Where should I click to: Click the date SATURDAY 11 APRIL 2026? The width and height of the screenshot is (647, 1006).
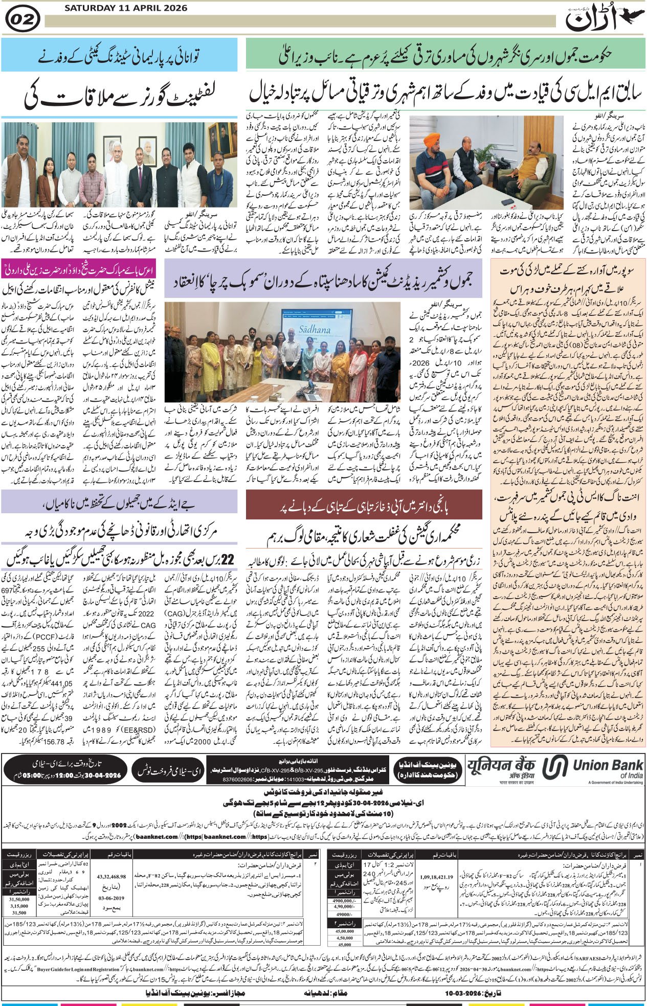point(126,8)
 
